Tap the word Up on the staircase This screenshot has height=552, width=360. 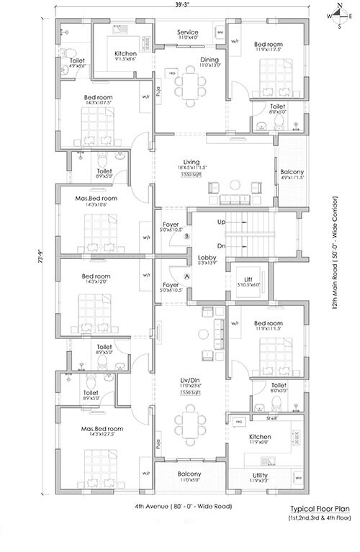[221, 222]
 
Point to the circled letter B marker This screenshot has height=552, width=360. [186, 235]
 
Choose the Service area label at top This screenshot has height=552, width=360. [188, 33]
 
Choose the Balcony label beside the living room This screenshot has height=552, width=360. [293, 172]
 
